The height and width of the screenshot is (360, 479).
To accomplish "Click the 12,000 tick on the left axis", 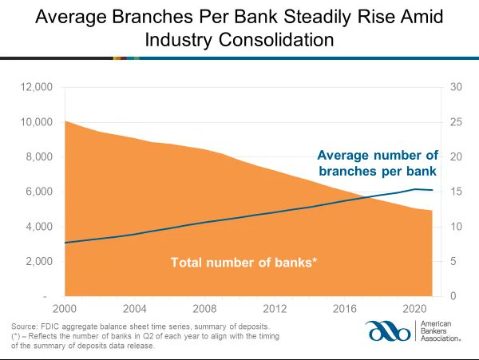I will pos(38,87).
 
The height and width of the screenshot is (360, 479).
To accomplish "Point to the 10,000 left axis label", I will pos(38,122).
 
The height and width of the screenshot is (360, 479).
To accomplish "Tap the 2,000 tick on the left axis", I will pos(40,262).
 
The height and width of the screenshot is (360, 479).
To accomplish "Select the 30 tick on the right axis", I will pos(457,87).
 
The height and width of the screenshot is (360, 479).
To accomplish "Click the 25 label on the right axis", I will pos(457,122).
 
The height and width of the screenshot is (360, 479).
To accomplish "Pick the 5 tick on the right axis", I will pos(454,262).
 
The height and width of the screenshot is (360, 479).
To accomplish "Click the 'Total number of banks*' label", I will pos(244,261).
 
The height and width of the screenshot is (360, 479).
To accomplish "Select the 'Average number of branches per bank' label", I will pos(377,163).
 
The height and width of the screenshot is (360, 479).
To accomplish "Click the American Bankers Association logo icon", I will pos(389,331).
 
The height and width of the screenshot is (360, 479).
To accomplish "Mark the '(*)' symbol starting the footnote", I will pos(17,337).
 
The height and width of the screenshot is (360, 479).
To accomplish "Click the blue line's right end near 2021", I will pos(433,190).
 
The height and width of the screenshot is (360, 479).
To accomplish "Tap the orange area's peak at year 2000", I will pos(65,121).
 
